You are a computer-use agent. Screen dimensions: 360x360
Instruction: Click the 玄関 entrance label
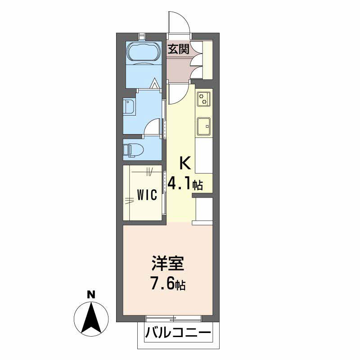178,49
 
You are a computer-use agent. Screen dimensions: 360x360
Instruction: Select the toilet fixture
134,149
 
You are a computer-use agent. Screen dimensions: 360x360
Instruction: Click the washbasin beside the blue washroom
129,108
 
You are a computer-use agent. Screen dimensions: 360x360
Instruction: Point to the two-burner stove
203,98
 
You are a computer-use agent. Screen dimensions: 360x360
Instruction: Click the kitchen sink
203,126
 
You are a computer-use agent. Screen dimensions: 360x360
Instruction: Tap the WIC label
147,195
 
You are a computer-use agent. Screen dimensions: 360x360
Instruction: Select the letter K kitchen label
185,163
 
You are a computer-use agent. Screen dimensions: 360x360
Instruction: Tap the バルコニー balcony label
178,334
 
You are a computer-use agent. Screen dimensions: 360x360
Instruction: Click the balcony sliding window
173,319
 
